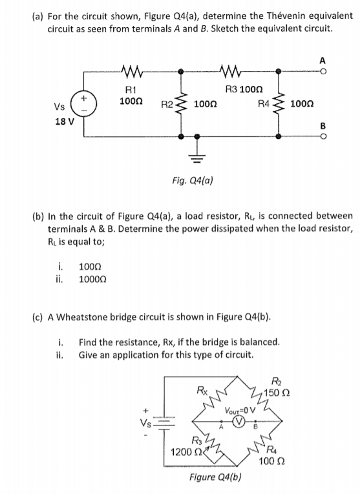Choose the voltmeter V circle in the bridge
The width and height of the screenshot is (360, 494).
tap(238, 425)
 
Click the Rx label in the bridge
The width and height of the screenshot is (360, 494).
tap(202, 389)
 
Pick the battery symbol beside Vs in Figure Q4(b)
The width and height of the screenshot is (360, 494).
tap(162, 425)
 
